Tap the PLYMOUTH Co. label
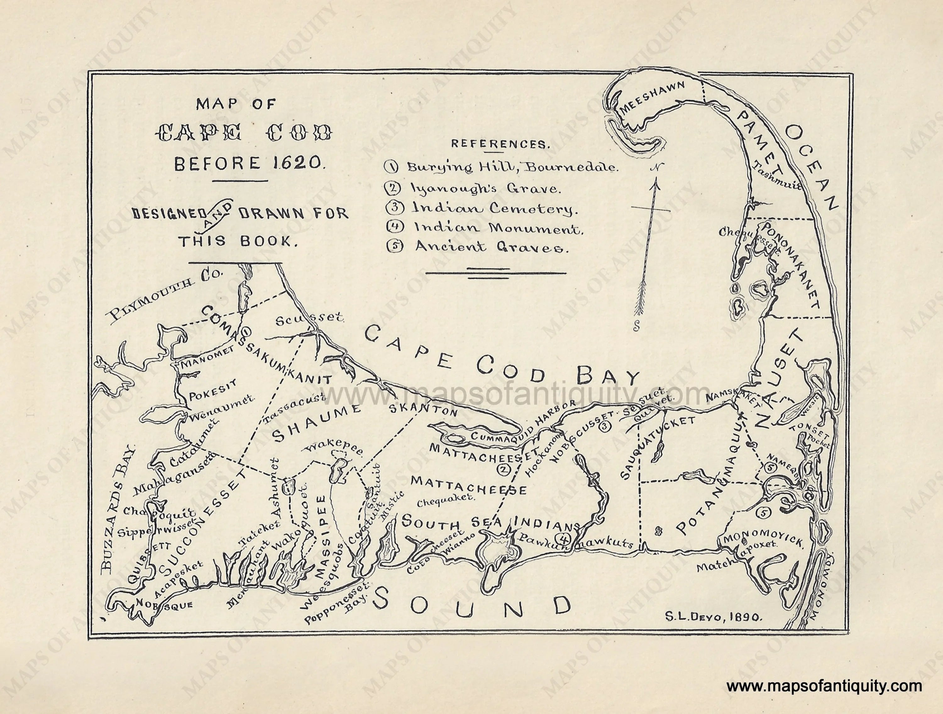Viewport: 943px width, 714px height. pyautogui.click(x=164, y=295)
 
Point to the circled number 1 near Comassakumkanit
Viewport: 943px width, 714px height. pyautogui.click(x=247, y=331)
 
